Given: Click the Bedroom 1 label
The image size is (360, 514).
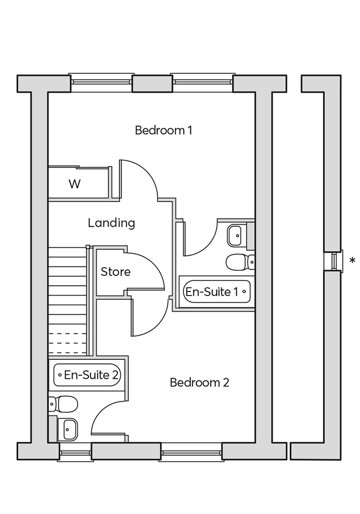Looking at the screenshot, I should (163, 130).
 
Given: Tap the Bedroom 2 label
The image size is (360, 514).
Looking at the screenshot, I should (199, 382).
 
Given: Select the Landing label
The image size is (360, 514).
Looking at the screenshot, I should (111, 223).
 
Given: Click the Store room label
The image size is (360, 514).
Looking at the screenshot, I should (115, 271).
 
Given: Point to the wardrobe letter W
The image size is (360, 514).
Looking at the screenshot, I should (75, 184).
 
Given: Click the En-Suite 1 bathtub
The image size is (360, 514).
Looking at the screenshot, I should (217, 292).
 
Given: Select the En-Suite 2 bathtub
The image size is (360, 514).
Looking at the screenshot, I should (87, 375).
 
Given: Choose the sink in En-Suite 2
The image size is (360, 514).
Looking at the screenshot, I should (68, 429).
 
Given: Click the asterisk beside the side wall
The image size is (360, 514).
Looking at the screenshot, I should (352, 261).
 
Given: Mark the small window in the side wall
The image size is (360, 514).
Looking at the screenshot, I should (334, 261).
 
